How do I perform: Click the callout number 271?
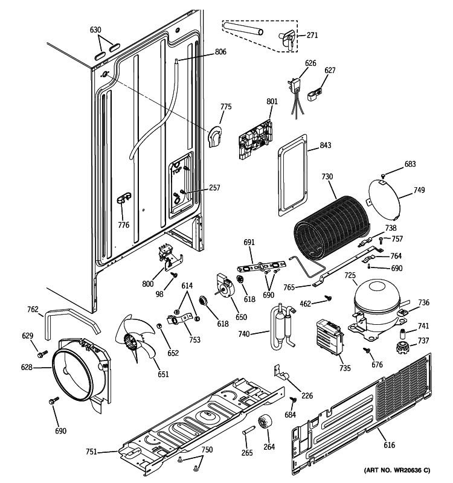click(312, 36)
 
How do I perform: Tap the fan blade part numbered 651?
click(136, 344)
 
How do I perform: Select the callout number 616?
click(389, 446)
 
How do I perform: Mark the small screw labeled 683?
click(384, 176)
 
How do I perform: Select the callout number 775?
click(225, 107)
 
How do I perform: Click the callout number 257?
click(214, 188)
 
